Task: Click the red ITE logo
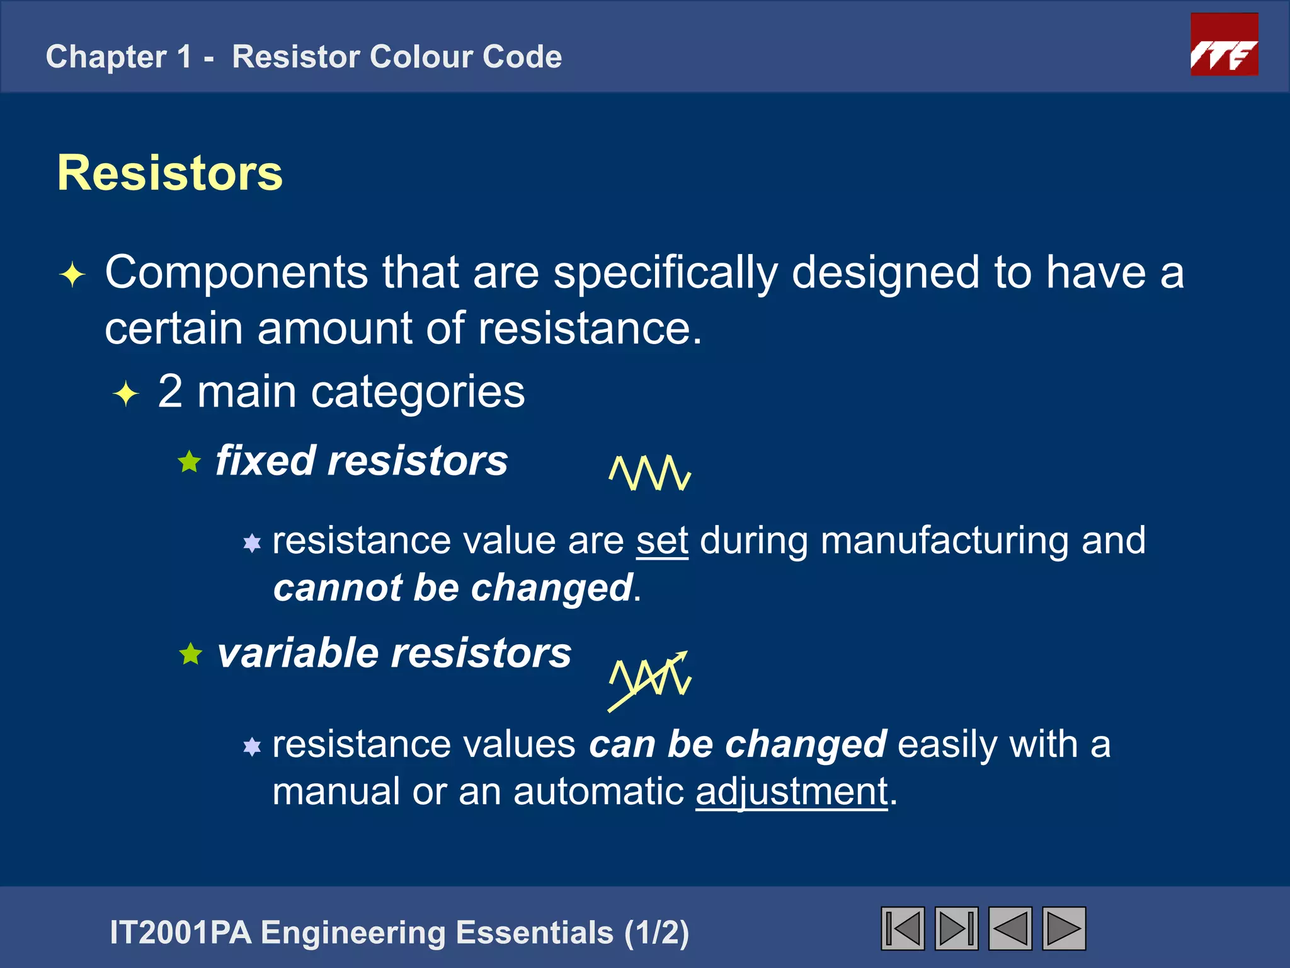(x=1224, y=45)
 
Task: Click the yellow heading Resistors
(x=169, y=173)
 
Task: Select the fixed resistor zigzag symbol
(x=650, y=473)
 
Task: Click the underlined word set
(x=662, y=541)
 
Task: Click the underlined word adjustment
(x=792, y=792)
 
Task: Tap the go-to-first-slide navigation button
(x=902, y=928)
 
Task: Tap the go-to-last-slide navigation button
(x=956, y=928)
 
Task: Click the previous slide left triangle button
(x=1010, y=928)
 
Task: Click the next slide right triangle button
(x=1064, y=928)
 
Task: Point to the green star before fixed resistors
(x=189, y=462)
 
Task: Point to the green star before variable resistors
(x=190, y=654)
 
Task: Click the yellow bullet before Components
(x=72, y=275)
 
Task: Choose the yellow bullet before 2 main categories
(x=126, y=394)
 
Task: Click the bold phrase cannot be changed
(x=453, y=588)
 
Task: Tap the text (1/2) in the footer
(x=656, y=933)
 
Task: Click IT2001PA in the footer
(x=181, y=933)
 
